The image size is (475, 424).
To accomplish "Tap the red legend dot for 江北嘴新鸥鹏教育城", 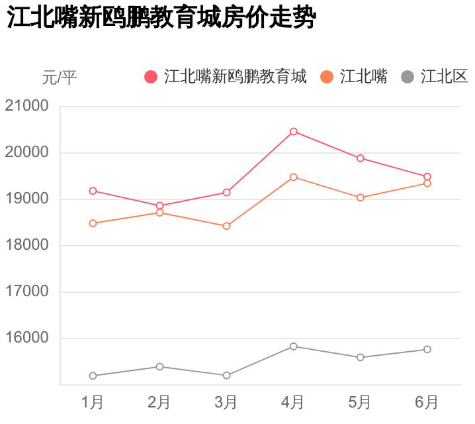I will click(x=151, y=77).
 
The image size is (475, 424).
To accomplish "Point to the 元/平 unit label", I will click(x=60, y=78).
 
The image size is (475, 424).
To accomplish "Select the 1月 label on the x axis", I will click(x=93, y=402).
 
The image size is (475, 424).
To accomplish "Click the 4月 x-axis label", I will click(x=293, y=402).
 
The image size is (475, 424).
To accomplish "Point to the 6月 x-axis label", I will click(x=427, y=402).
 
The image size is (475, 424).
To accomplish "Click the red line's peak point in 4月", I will click(x=293, y=131).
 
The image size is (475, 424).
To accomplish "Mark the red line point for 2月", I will click(x=159, y=205).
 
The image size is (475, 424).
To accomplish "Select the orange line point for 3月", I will click(x=226, y=226).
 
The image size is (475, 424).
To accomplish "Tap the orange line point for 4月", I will click(x=293, y=177).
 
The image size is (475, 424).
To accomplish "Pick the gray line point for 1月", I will click(x=93, y=376).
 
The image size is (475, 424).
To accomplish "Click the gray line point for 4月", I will click(x=293, y=346).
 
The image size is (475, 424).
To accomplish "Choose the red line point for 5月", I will click(x=360, y=158).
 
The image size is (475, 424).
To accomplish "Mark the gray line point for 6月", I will click(x=427, y=349).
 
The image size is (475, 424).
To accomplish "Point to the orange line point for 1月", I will click(x=93, y=223).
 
